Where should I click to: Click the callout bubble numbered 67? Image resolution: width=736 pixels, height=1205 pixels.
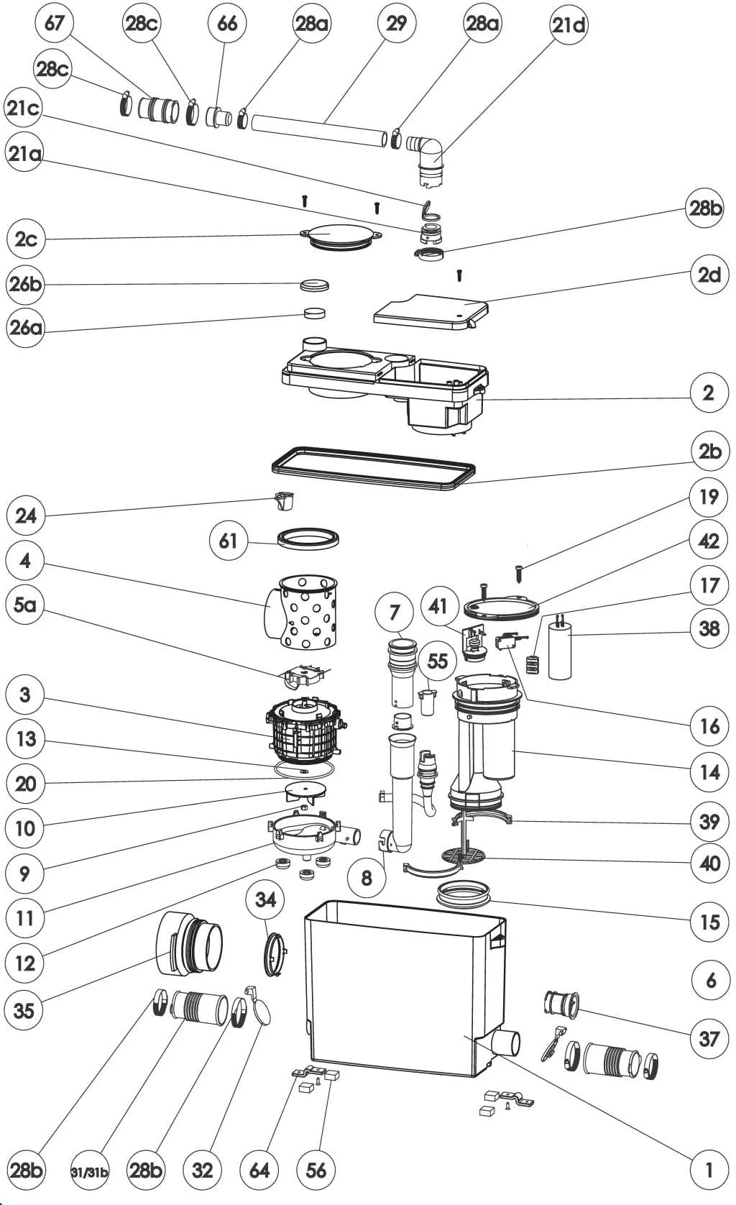pos(55,23)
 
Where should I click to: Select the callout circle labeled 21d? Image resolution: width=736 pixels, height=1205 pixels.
pos(569,25)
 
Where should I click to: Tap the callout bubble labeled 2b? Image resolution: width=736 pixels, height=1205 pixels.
pos(709,452)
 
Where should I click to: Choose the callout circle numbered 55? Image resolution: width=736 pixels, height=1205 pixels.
pos(437,660)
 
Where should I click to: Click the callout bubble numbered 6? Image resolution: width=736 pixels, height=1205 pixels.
pos(710,980)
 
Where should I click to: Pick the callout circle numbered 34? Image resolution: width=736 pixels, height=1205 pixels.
pos(265,899)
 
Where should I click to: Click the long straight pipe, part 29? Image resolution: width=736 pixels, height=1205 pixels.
pos(320,127)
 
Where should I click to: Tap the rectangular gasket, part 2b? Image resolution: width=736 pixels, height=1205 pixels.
pos(374,467)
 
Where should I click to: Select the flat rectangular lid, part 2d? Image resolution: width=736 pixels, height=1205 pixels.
pos(431,310)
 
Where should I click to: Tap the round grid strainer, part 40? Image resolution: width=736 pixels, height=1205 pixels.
pos(463,855)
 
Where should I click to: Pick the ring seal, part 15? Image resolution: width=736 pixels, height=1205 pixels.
pos(464,896)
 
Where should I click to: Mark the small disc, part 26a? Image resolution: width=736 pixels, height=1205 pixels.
pos(314,313)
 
